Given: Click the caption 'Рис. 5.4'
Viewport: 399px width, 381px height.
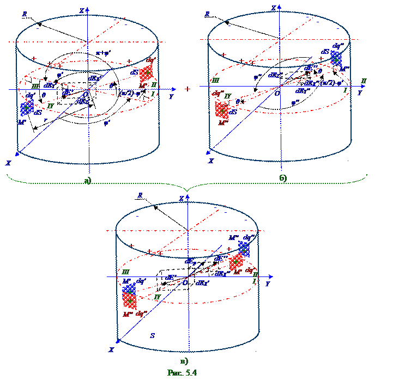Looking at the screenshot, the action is (x=183, y=373).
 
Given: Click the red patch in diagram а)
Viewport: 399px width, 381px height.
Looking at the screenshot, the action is (x=146, y=73).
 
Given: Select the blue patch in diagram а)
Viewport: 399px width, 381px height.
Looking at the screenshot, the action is (x=26, y=108).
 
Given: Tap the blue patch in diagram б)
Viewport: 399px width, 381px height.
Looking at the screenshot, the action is (x=336, y=58).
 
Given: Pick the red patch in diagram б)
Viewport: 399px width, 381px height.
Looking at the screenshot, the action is (x=221, y=110).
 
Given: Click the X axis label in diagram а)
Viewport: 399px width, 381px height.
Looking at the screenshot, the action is (x=8, y=163).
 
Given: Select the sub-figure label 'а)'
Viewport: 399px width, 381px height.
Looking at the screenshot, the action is (x=88, y=181).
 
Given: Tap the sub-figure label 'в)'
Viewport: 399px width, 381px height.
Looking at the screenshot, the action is (x=184, y=360).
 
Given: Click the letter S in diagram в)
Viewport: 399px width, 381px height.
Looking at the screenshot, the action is (x=152, y=336).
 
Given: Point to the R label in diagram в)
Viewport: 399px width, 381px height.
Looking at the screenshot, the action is (x=140, y=194).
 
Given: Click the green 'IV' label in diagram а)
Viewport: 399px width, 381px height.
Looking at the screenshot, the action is (x=50, y=106).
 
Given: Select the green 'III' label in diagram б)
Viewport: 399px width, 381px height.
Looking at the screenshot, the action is (x=215, y=80).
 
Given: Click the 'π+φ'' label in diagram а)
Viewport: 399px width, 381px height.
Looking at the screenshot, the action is (x=102, y=53).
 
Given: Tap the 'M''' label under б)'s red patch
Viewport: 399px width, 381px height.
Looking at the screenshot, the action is (x=222, y=122).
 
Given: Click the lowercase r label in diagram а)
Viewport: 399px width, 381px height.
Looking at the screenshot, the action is (x=45, y=120).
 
